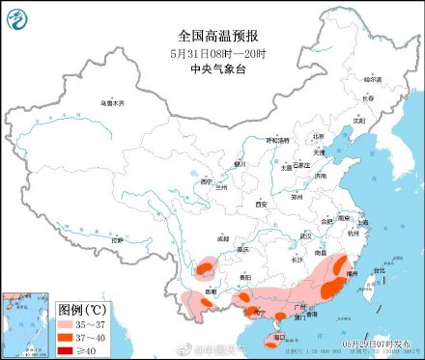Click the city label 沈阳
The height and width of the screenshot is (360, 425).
click(359, 121)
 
